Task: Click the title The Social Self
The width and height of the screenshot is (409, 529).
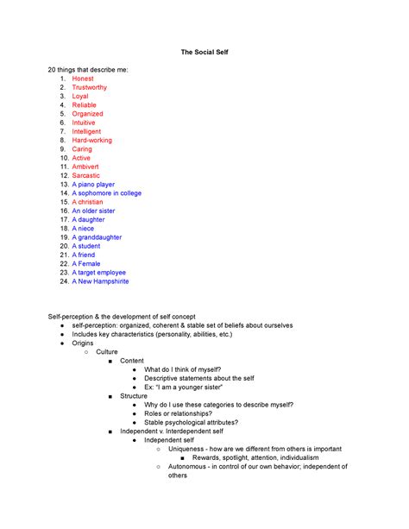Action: click(x=204, y=54)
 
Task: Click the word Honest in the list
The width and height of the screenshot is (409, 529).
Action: click(x=83, y=79)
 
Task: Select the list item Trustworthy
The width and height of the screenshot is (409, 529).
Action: click(x=90, y=87)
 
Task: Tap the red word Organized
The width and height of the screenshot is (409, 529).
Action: click(x=87, y=114)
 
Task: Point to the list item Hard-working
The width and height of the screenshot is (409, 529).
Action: click(x=91, y=140)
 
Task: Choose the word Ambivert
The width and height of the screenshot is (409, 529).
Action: click(x=87, y=167)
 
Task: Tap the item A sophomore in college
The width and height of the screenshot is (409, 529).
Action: click(x=107, y=193)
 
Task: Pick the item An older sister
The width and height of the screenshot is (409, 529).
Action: click(x=93, y=211)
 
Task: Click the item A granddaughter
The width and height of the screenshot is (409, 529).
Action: click(x=97, y=237)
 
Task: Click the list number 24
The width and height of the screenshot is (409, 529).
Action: click(x=63, y=281)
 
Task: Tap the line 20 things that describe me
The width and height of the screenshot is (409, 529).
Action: click(x=87, y=68)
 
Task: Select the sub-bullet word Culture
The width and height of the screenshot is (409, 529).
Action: click(x=107, y=352)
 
